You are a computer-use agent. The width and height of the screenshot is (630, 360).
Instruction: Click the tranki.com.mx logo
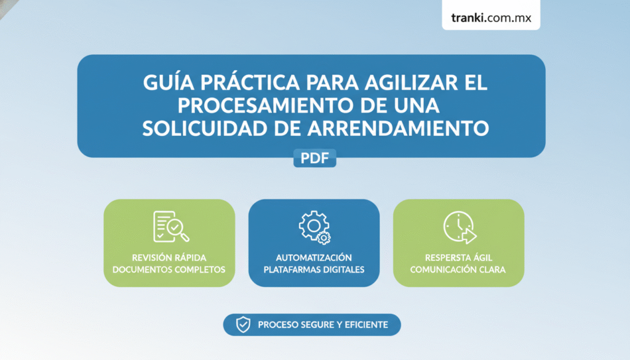491,18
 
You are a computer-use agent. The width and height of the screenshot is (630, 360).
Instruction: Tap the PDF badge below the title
314,158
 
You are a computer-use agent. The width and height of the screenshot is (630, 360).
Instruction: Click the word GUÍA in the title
169,82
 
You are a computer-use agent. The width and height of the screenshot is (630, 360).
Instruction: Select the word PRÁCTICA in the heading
250,82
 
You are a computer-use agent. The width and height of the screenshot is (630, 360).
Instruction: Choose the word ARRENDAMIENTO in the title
398,129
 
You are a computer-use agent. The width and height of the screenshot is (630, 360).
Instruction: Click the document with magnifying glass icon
171,226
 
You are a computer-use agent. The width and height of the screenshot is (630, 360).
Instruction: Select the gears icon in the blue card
314,228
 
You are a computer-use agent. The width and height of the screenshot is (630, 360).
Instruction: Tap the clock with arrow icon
460,227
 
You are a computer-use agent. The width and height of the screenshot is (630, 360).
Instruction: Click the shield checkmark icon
243,325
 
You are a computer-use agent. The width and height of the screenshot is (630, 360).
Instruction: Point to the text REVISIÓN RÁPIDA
169,258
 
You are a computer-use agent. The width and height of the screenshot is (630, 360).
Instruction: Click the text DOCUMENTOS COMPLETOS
169,270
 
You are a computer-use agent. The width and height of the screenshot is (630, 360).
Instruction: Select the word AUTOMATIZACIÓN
314,258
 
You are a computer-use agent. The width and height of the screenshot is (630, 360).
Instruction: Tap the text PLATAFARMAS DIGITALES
314,270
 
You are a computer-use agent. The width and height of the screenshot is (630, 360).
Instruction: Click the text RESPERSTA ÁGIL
458,258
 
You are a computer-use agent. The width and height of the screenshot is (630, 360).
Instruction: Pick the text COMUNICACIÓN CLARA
458,270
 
